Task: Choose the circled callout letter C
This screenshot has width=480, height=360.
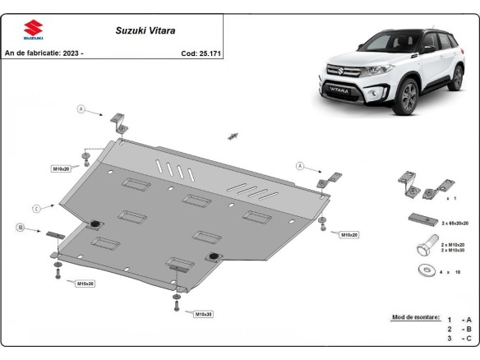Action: [x=37, y=208]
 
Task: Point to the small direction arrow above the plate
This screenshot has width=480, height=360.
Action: [x=233, y=135]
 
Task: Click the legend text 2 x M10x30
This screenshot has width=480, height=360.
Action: [x=454, y=250]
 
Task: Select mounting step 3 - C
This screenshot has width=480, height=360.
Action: [x=459, y=338]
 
